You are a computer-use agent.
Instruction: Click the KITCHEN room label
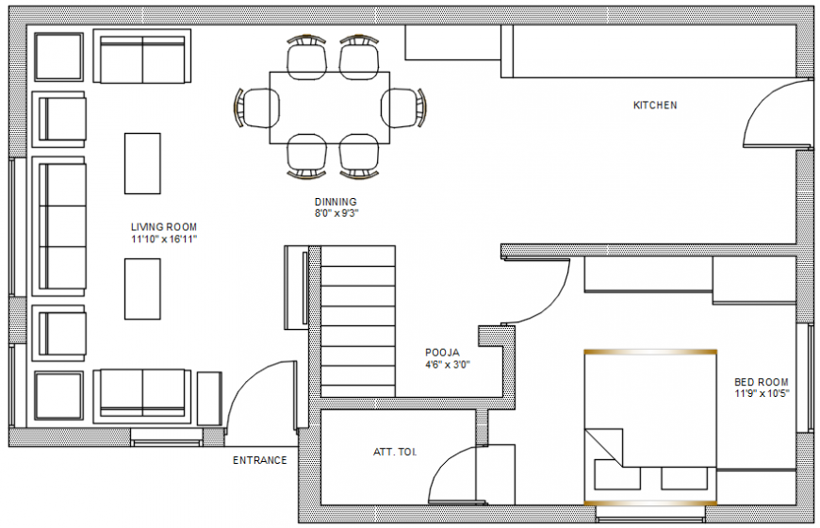[655, 106]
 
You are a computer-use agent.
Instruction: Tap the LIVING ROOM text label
[164, 227]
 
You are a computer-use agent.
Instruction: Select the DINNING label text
[336, 202]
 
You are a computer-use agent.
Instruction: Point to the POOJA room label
[442, 353]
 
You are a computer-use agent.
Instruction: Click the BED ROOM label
[761, 382]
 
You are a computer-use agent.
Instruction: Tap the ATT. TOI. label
[395, 452]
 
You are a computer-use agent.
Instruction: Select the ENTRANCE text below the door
[260, 460]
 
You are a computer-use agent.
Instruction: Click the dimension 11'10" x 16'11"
[164, 239]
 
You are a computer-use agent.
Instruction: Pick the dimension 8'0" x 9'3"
[336, 213]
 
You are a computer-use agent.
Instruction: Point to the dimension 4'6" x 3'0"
[447, 365]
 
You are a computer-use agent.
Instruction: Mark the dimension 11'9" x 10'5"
[762, 393]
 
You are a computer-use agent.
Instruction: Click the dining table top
[330, 107]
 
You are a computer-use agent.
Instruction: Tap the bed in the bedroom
[650, 427]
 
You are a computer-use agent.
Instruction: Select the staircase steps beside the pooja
[358, 322]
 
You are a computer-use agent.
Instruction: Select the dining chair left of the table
[257, 107]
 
